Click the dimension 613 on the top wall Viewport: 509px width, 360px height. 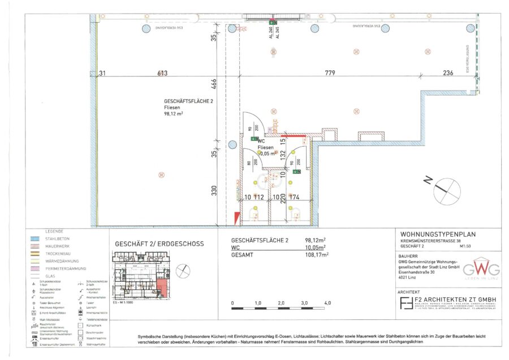pos(163,73)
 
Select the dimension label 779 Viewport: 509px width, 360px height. pos(330,73)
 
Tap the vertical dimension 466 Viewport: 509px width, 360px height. pos(214,85)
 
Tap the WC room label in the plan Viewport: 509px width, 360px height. pos(261,141)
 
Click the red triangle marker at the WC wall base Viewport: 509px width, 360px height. pos(236,217)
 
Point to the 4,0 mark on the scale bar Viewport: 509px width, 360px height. pos(327,304)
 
